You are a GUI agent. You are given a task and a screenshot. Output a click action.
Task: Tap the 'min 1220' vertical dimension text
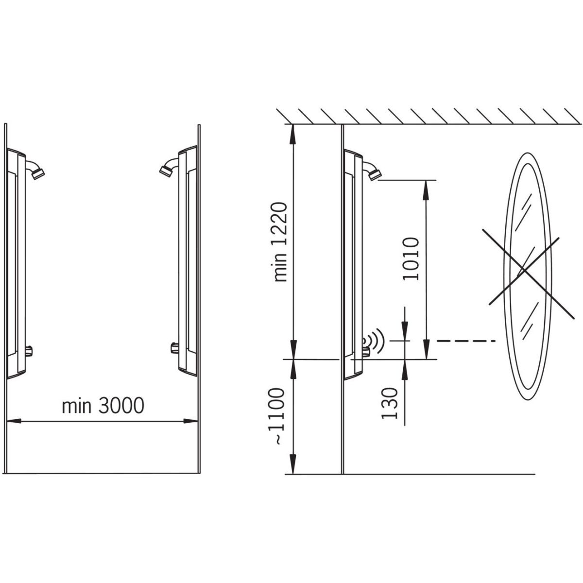(280, 242)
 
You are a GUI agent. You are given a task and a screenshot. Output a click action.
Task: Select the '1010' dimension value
(411, 259)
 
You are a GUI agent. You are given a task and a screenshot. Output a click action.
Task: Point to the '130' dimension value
(389, 403)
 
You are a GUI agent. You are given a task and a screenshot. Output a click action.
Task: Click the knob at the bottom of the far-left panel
(29, 351)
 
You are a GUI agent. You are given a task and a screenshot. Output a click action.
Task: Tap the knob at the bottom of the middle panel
(175, 348)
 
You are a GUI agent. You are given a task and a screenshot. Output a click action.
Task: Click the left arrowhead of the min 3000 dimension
(14, 421)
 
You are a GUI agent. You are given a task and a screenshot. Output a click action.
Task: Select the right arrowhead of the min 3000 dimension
(190, 421)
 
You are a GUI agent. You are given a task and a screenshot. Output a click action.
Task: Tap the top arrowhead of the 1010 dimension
(426, 190)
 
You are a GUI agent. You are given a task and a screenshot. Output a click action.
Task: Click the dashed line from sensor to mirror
(466, 341)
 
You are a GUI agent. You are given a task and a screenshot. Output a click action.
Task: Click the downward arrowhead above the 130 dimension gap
(405, 332)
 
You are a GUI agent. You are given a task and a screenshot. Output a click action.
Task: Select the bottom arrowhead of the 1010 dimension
(426, 349)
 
